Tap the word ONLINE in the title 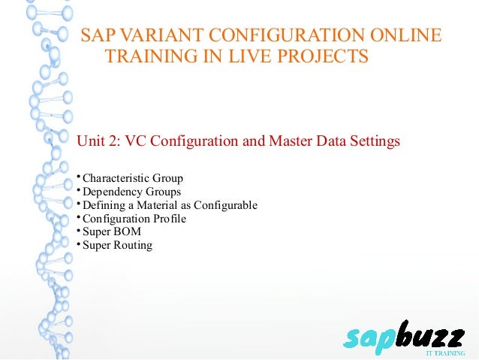(x=402, y=35)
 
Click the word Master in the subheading (x=288, y=141)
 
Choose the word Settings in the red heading (x=373, y=141)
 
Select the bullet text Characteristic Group (x=132, y=179)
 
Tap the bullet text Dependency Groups (x=131, y=192)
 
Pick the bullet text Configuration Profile (x=134, y=219)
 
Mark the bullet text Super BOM (x=111, y=232)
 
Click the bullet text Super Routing (x=117, y=245)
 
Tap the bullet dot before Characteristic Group (x=78, y=177)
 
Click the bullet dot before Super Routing (x=78, y=244)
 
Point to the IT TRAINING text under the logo (x=446, y=352)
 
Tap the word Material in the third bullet (x=173, y=205)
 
